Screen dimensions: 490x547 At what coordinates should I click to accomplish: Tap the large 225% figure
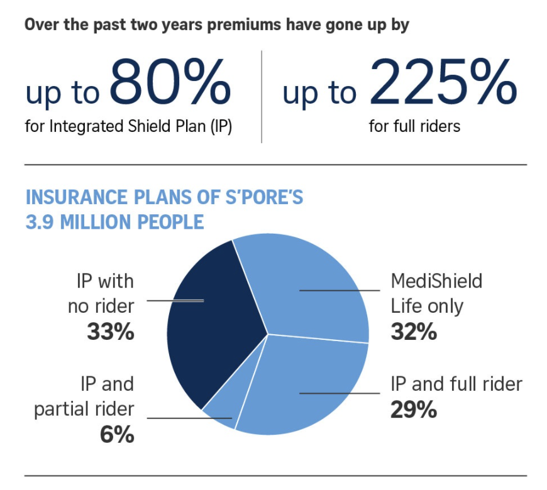pos(438,82)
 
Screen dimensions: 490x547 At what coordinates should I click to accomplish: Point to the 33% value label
pos(110,331)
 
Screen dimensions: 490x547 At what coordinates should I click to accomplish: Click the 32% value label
pos(413,331)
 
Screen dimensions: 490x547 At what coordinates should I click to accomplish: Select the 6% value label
pos(117,435)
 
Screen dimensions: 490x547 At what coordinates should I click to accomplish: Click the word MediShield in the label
pos(436,280)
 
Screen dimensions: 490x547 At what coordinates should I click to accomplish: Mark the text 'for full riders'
pos(414,126)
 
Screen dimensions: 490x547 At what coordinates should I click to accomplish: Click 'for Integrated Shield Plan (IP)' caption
pos(129,126)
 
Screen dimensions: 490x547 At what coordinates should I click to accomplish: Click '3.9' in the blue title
pos(39,222)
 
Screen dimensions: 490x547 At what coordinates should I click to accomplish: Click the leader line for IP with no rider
pos(176,300)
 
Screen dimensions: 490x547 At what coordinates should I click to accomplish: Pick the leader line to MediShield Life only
pos(340,290)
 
